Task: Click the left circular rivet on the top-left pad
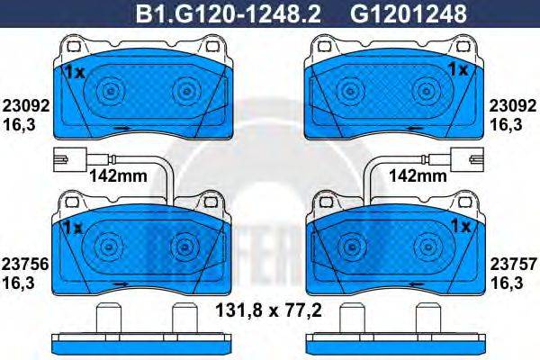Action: (x=110, y=90)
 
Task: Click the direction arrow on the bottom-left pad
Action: (x=119, y=283)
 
